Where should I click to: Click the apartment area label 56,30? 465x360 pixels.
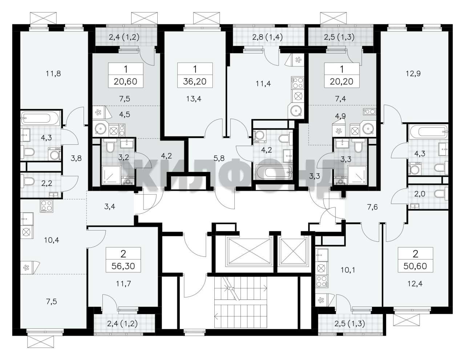(123, 266)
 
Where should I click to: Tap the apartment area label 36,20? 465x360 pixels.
(195, 81)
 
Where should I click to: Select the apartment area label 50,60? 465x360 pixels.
(415, 266)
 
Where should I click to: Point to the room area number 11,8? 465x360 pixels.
(53, 74)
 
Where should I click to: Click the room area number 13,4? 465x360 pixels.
(194, 99)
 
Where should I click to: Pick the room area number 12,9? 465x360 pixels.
(413, 74)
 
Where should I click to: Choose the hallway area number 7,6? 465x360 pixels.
(373, 207)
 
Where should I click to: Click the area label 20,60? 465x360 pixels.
(126, 81)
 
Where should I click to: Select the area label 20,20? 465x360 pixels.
(341, 81)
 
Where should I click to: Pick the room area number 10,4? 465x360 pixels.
(52, 240)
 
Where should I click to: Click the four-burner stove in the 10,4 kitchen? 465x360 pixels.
(46, 206)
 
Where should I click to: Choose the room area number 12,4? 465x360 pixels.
(415, 284)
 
